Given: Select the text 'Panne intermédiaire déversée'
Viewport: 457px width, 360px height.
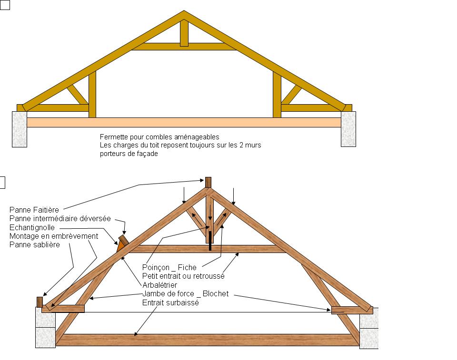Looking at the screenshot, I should click(x=60, y=219).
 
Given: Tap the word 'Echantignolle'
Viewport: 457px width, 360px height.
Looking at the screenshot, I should click(x=32, y=227).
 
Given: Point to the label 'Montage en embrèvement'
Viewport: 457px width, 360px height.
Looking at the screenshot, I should click(x=54, y=236).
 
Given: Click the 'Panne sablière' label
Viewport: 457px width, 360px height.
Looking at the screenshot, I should click(x=35, y=244).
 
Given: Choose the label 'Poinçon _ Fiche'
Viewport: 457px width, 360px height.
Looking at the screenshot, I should click(x=169, y=268).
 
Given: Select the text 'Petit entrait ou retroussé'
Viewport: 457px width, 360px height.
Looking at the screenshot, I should click(x=183, y=276).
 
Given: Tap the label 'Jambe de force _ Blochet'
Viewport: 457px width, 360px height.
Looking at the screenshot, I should click(x=185, y=294).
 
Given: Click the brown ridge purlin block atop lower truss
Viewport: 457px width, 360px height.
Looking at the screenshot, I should click(x=208, y=182).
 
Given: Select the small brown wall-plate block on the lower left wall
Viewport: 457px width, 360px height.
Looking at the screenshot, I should click(x=40, y=302).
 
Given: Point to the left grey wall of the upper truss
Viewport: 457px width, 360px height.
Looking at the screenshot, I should click(x=20, y=129).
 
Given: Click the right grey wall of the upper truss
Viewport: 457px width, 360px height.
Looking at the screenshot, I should click(x=348, y=129).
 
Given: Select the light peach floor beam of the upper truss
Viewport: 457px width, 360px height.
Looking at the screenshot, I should click(x=184, y=122).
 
